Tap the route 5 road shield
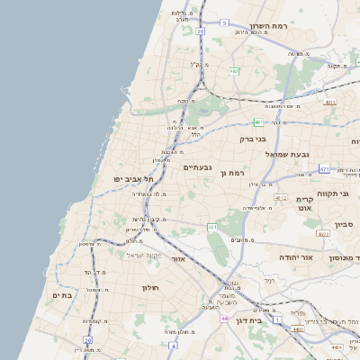pos(224,22)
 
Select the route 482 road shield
pos(234,70)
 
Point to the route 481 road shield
pos(258,122)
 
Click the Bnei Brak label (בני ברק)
pos(253,139)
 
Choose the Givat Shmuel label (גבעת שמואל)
pos(287,155)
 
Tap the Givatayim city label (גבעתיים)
pos(197,167)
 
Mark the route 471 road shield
pos(324,168)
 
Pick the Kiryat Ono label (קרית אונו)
pos(303,202)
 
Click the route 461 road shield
pos(213,228)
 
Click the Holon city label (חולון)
pos(148,288)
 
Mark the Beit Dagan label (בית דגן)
pos(260,319)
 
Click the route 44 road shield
pos(224,319)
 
